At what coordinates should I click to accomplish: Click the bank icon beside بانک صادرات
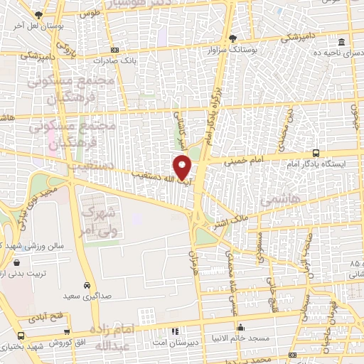[x=116, y=50]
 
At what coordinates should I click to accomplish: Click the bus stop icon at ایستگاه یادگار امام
[x=316, y=153]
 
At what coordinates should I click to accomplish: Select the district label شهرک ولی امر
[x=98, y=220]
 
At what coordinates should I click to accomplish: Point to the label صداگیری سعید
[x=87, y=294]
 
